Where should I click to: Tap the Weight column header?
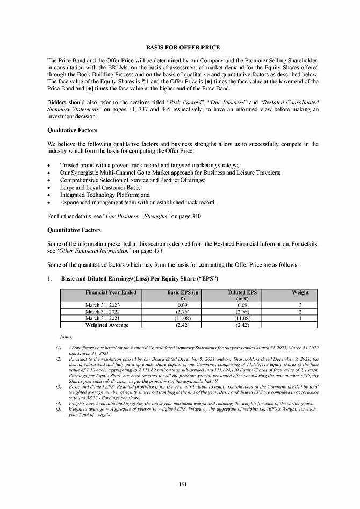300,292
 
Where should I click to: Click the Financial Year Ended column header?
111,292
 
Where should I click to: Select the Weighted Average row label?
107,325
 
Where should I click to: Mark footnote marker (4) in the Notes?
57,402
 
